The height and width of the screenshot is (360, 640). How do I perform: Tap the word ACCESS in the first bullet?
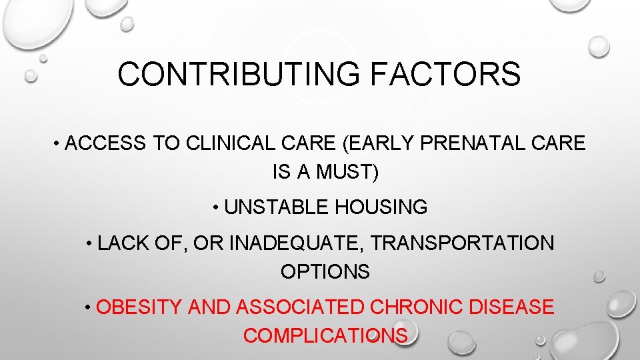click(107, 143)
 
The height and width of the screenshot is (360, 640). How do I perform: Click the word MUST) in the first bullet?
click(347, 173)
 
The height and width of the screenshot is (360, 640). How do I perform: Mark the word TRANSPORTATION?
click(462, 243)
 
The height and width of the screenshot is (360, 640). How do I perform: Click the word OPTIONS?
click(325, 272)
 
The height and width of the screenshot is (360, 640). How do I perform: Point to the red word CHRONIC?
click(417, 307)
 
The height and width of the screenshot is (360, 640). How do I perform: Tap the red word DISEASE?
click(512, 307)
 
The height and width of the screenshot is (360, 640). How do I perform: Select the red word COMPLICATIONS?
click(325, 336)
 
